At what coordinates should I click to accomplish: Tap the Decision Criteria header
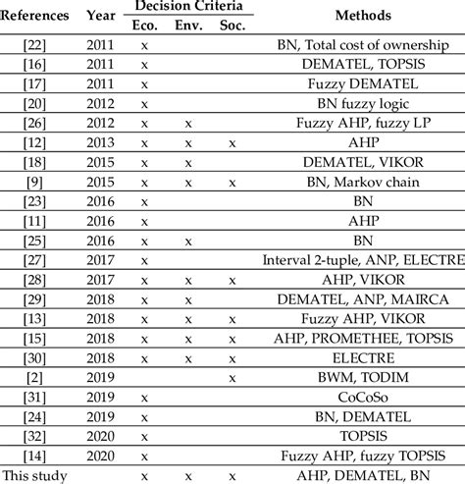[x=187, y=8]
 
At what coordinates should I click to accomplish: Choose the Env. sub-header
[x=187, y=26]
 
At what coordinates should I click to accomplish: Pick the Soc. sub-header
[x=232, y=26]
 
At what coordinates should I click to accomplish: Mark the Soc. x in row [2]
[x=232, y=377]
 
